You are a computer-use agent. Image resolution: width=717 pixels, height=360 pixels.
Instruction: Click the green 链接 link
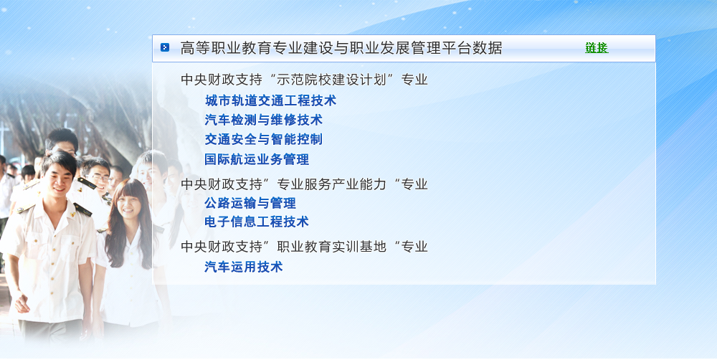pos(597,47)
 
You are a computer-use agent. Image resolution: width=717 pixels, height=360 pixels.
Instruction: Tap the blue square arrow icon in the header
pos(165,47)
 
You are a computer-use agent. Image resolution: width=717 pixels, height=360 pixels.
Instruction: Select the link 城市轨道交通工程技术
pos(270,100)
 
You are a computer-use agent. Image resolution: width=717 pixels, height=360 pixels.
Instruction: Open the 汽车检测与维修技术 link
pos(263,120)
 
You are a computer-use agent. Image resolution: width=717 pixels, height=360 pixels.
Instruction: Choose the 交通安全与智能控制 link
pos(263,139)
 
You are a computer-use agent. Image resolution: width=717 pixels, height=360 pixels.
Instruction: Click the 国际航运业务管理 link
pos(257,159)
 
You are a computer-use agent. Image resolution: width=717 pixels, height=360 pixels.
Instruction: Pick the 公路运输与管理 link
pos(250,203)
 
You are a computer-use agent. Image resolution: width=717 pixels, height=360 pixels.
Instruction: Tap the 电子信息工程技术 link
pos(257,222)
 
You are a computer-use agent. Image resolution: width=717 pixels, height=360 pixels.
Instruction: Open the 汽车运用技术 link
pos(244,267)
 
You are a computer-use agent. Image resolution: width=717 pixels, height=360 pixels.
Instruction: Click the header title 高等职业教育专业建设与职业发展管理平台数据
pos(341,48)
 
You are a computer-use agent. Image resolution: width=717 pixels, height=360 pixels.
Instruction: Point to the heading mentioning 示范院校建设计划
pos(304,80)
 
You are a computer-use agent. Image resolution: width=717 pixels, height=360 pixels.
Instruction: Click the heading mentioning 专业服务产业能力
pos(304,184)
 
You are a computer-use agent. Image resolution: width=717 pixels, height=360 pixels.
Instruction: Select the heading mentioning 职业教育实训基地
pos(304,247)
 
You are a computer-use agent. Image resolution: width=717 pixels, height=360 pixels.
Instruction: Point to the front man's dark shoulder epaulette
pos(82,209)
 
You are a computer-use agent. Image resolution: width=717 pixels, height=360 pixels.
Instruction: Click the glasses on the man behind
pos(99,178)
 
